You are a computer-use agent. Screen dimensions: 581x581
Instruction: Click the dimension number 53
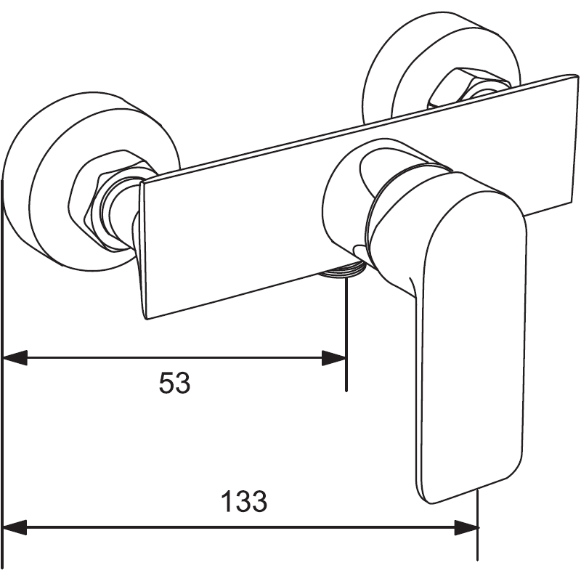coord(174,383)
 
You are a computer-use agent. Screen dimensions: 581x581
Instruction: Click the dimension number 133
coord(244,501)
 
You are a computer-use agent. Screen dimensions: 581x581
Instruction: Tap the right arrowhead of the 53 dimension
coord(334,357)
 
